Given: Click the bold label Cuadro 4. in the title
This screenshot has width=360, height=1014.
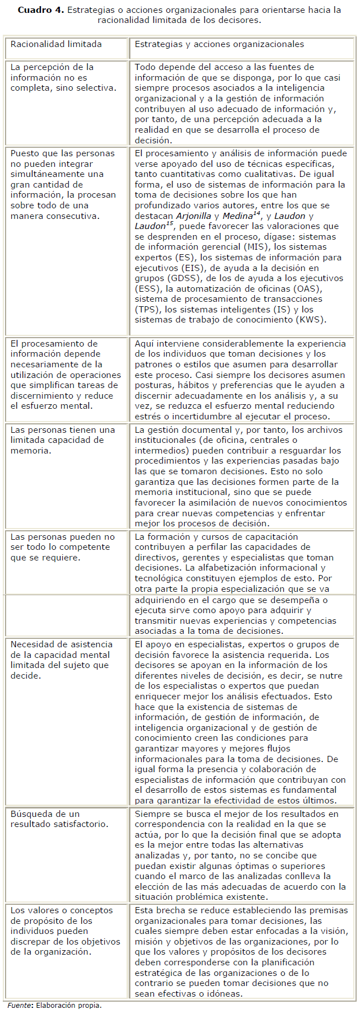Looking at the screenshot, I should (40, 10).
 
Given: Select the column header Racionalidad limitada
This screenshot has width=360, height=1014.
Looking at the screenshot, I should (56, 44).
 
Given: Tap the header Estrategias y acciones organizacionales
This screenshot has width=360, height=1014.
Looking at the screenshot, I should (219, 44).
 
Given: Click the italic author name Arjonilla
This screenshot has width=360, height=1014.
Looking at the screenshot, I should (193, 216).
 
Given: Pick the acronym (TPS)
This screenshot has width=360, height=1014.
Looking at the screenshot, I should (147, 310).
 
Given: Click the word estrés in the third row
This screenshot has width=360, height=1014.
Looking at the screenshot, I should (147, 416).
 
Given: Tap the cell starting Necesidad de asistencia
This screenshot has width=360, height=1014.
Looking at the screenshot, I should (61, 660).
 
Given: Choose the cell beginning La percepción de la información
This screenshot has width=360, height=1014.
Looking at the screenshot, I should (63, 78).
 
